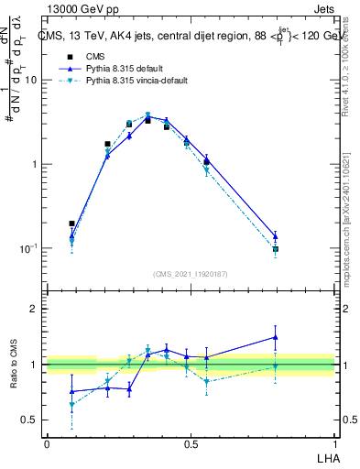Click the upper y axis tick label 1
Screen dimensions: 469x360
pyautogui.click(x=35, y=164)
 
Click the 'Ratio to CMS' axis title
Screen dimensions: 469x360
pyautogui.click(x=13, y=365)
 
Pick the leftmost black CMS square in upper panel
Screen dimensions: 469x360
pyautogui.click(x=71, y=224)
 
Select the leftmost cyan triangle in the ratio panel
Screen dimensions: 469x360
pyautogui.click(x=71, y=404)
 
